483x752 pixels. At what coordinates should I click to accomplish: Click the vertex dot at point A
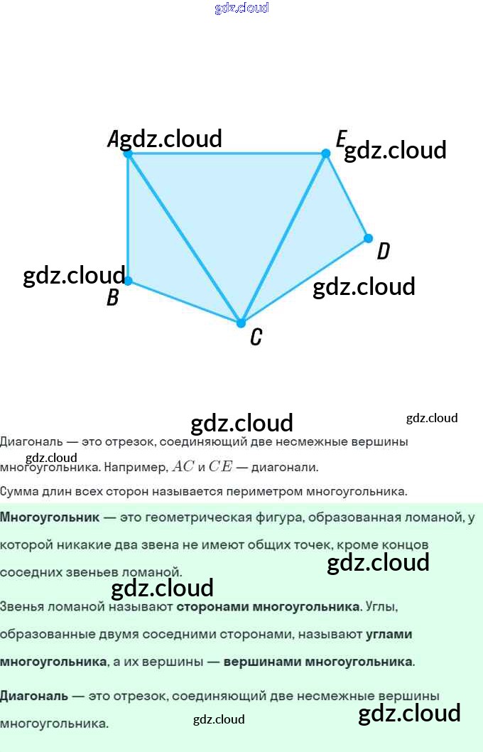pyautogui.click(x=128, y=153)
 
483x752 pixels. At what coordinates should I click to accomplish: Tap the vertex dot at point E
pyautogui.click(x=326, y=153)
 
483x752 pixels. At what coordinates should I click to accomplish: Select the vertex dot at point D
pyautogui.click(x=368, y=238)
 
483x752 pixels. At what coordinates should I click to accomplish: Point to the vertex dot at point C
pyautogui.click(x=241, y=323)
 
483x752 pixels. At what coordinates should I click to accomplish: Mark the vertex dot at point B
pyautogui.click(x=128, y=281)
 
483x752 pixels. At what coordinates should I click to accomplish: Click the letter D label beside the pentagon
pyautogui.click(x=383, y=251)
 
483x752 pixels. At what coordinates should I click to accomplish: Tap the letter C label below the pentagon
pyautogui.click(x=256, y=337)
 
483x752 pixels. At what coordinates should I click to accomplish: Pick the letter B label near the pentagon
pyautogui.click(x=112, y=297)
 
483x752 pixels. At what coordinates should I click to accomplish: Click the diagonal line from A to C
pyautogui.click(x=185, y=238)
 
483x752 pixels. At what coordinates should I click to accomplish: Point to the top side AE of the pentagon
pyautogui.click(x=227, y=153)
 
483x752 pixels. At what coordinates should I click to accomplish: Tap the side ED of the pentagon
pyautogui.click(x=347, y=195)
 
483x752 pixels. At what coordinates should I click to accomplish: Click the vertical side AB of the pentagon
pyautogui.click(x=128, y=217)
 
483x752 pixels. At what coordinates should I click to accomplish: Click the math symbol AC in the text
pyautogui.click(x=183, y=467)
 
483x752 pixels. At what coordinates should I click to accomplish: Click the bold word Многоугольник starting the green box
pyautogui.click(x=50, y=517)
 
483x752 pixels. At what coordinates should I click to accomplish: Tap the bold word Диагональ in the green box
pyautogui.click(x=34, y=696)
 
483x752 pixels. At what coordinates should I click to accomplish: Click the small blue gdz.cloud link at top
pyautogui.click(x=241, y=8)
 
